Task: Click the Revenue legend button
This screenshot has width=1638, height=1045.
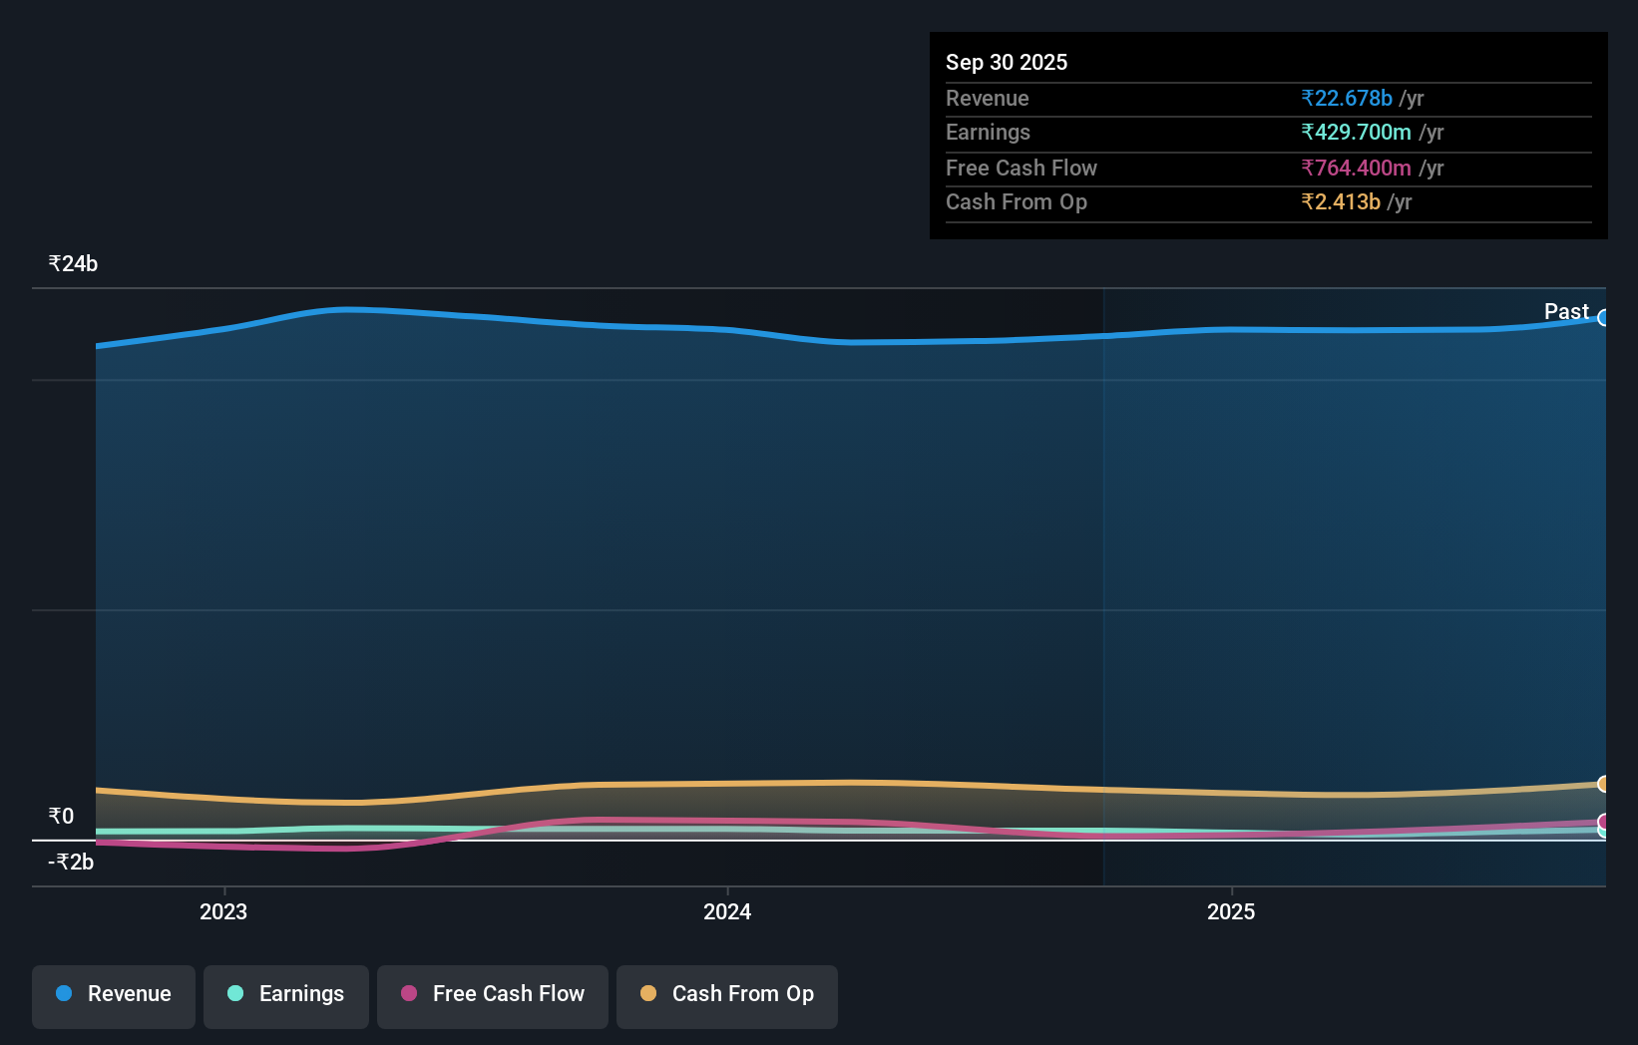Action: [x=114, y=995]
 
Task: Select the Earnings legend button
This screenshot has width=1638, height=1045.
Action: [x=286, y=995]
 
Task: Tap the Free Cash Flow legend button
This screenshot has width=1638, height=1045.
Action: [x=493, y=995]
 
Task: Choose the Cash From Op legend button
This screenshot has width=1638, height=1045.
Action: [x=727, y=995]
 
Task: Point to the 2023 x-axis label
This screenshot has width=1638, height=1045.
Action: [x=223, y=911]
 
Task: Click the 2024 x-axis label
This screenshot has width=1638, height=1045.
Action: [x=727, y=911]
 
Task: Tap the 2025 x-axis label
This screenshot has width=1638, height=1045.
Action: [x=1231, y=911]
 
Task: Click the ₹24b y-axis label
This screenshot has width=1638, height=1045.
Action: [x=73, y=264]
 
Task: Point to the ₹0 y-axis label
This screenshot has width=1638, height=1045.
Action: [x=61, y=817]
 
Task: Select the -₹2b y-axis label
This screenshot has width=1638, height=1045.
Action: [x=71, y=863]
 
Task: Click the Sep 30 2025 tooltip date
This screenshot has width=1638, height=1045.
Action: [x=1007, y=62]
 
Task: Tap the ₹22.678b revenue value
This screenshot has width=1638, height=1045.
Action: [x=1347, y=98]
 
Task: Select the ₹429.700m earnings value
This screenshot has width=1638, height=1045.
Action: [x=1357, y=133]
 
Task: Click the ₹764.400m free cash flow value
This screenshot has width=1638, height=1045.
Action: [x=1357, y=168]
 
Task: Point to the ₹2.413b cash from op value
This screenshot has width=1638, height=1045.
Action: [x=1341, y=202]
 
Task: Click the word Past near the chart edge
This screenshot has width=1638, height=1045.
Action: [x=1566, y=312]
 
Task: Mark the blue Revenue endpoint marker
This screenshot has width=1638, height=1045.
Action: [x=1604, y=318]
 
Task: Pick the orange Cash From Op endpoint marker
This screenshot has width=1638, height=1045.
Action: [x=1604, y=784]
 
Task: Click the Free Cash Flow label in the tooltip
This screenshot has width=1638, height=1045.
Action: [x=1022, y=168]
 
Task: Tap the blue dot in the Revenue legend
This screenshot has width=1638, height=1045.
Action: [x=64, y=993]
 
